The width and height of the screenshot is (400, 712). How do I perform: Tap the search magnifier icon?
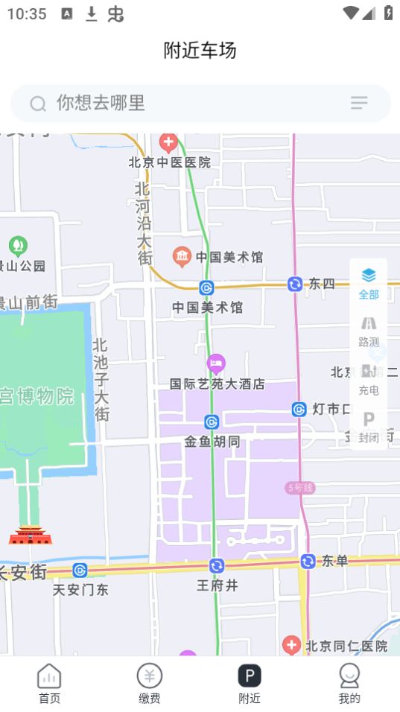click(x=38, y=104)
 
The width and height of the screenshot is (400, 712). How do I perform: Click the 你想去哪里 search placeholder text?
click(x=101, y=103)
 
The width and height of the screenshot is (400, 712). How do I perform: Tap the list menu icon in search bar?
click(x=359, y=103)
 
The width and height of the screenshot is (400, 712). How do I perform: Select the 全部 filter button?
click(x=369, y=284)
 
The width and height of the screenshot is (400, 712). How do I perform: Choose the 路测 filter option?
click(x=369, y=331)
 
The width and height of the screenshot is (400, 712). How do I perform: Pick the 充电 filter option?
click(x=369, y=380)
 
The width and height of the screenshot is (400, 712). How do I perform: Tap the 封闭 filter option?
click(x=369, y=427)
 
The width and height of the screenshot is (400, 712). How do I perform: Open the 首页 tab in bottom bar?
click(x=49, y=684)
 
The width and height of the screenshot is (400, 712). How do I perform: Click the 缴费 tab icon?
click(x=149, y=676)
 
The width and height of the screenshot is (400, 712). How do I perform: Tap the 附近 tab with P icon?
click(x=250, y=684)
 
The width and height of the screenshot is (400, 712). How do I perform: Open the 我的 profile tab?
click(x=349, y=684)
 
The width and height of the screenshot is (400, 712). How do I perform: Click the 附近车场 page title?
click(x=200, y=51)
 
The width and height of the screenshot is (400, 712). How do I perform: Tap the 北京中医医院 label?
click(x=170, y=162)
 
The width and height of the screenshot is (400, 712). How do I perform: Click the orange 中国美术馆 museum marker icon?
click(x=182, y=257)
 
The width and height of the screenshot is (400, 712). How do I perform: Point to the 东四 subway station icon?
click(x=295, y=284)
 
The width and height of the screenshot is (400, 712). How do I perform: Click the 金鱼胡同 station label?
click(x=212, y=442)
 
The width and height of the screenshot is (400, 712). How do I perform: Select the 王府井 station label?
click(x=217, y=585)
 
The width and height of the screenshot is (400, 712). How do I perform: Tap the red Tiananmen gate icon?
click(x=31, y=534)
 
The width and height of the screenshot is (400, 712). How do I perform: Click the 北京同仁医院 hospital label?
click(x=347, y=646)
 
